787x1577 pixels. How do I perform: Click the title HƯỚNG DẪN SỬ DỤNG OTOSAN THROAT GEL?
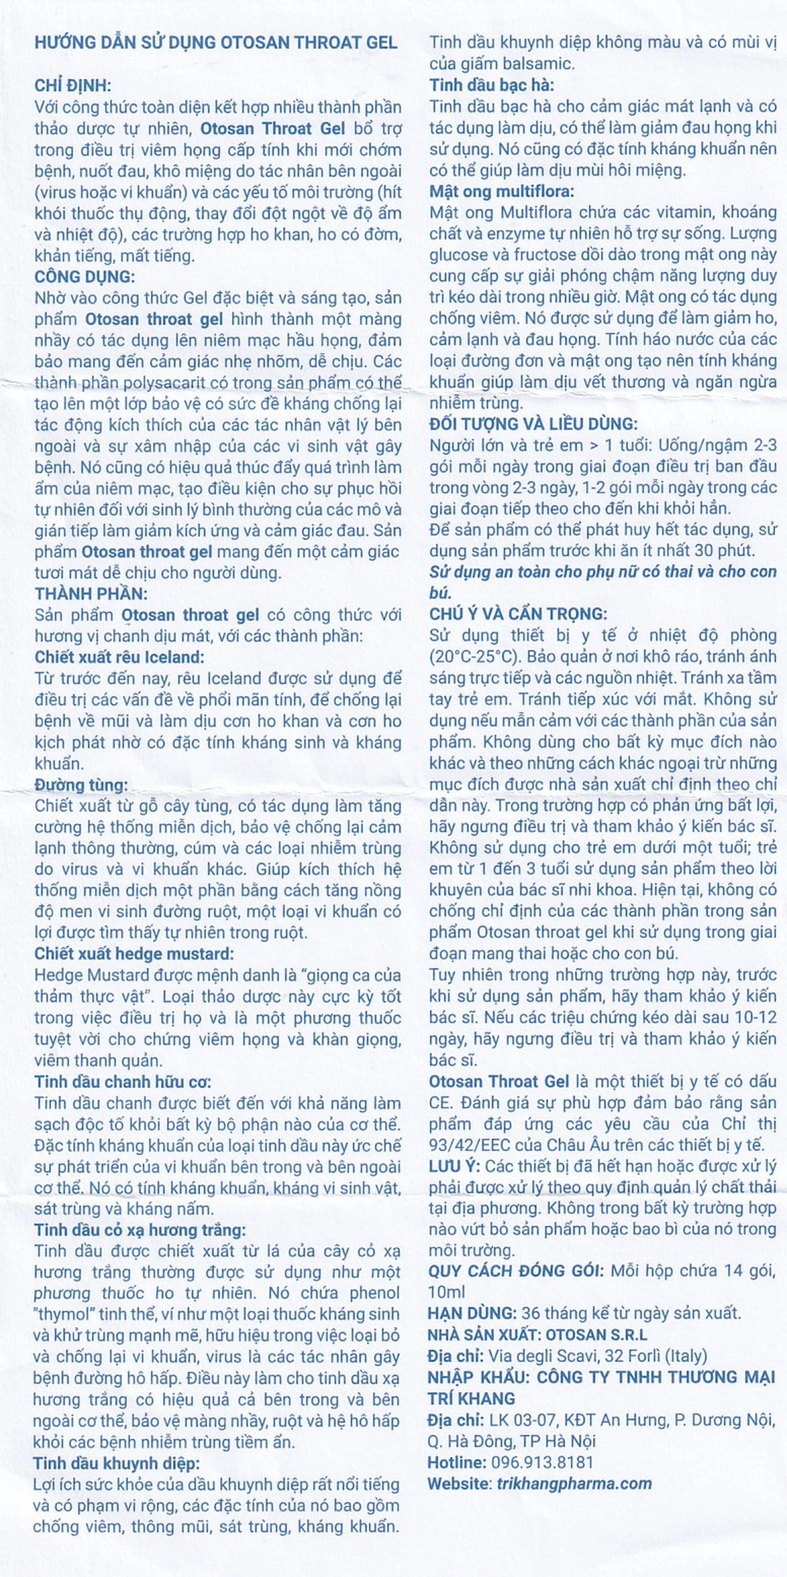coord(216,43)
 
